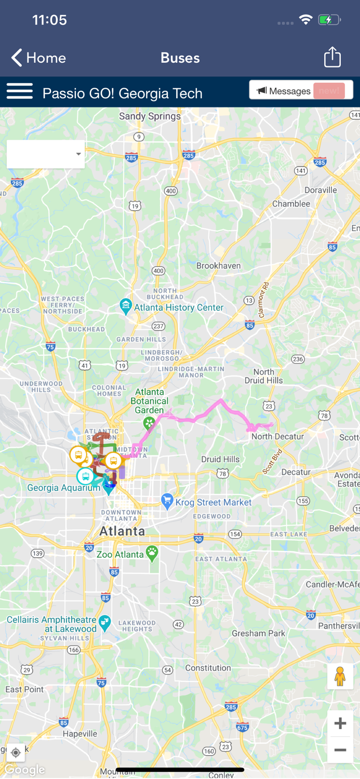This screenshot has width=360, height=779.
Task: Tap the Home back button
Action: click(x=38, y=58)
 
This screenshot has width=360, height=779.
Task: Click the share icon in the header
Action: click(x=332, y=57)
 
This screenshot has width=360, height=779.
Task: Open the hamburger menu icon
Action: click(x=20, y=91)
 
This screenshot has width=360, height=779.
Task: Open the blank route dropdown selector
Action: click(x=46, y=154)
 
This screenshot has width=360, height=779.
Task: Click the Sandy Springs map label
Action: click(x=150, y=116)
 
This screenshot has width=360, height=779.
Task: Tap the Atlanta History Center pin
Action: click(x=126, y=306)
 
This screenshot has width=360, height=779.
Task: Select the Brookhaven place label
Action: click(x=218, y=266)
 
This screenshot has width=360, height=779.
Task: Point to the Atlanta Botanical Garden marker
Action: click(x=150, y=423)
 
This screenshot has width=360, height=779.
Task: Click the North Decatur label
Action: click(x=277, y=437)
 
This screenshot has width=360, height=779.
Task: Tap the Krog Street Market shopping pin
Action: click(x=167, y=501)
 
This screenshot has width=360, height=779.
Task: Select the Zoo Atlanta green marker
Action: click(x=152, y=553)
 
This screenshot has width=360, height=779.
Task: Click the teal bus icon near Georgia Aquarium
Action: click(x=85, y=476)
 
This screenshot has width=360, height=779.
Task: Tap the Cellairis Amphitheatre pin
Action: click(x=105, y=623)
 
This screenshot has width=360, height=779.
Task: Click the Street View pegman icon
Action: click(x=340, y=676)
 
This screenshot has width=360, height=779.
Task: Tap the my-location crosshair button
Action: click(x=15, y=753)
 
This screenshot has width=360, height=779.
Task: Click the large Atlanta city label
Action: click(x=122, y=531)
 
